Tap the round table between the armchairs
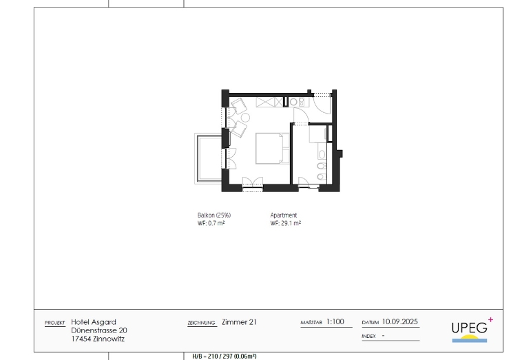click(x=245, y=117)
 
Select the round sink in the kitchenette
click(x=293, y=102)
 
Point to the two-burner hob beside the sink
click(x=302, y=102)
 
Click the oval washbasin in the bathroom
click(x=322, y=154)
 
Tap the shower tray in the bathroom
click(x=317, y=134)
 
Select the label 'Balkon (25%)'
click(x=214, y=215)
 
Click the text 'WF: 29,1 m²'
click(x=286, y=223)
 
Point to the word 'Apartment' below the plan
click(x=284, y=215)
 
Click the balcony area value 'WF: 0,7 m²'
click(x=211, y=223)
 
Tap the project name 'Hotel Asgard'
click(x=94, y=322)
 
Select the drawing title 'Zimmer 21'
click(x=239, y=322)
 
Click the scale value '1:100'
click(x=335, y=321)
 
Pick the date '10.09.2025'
click(x=400, y=321)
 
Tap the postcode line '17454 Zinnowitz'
click(x=98, y=339)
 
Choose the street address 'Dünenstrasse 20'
click(x=99, y=330)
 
